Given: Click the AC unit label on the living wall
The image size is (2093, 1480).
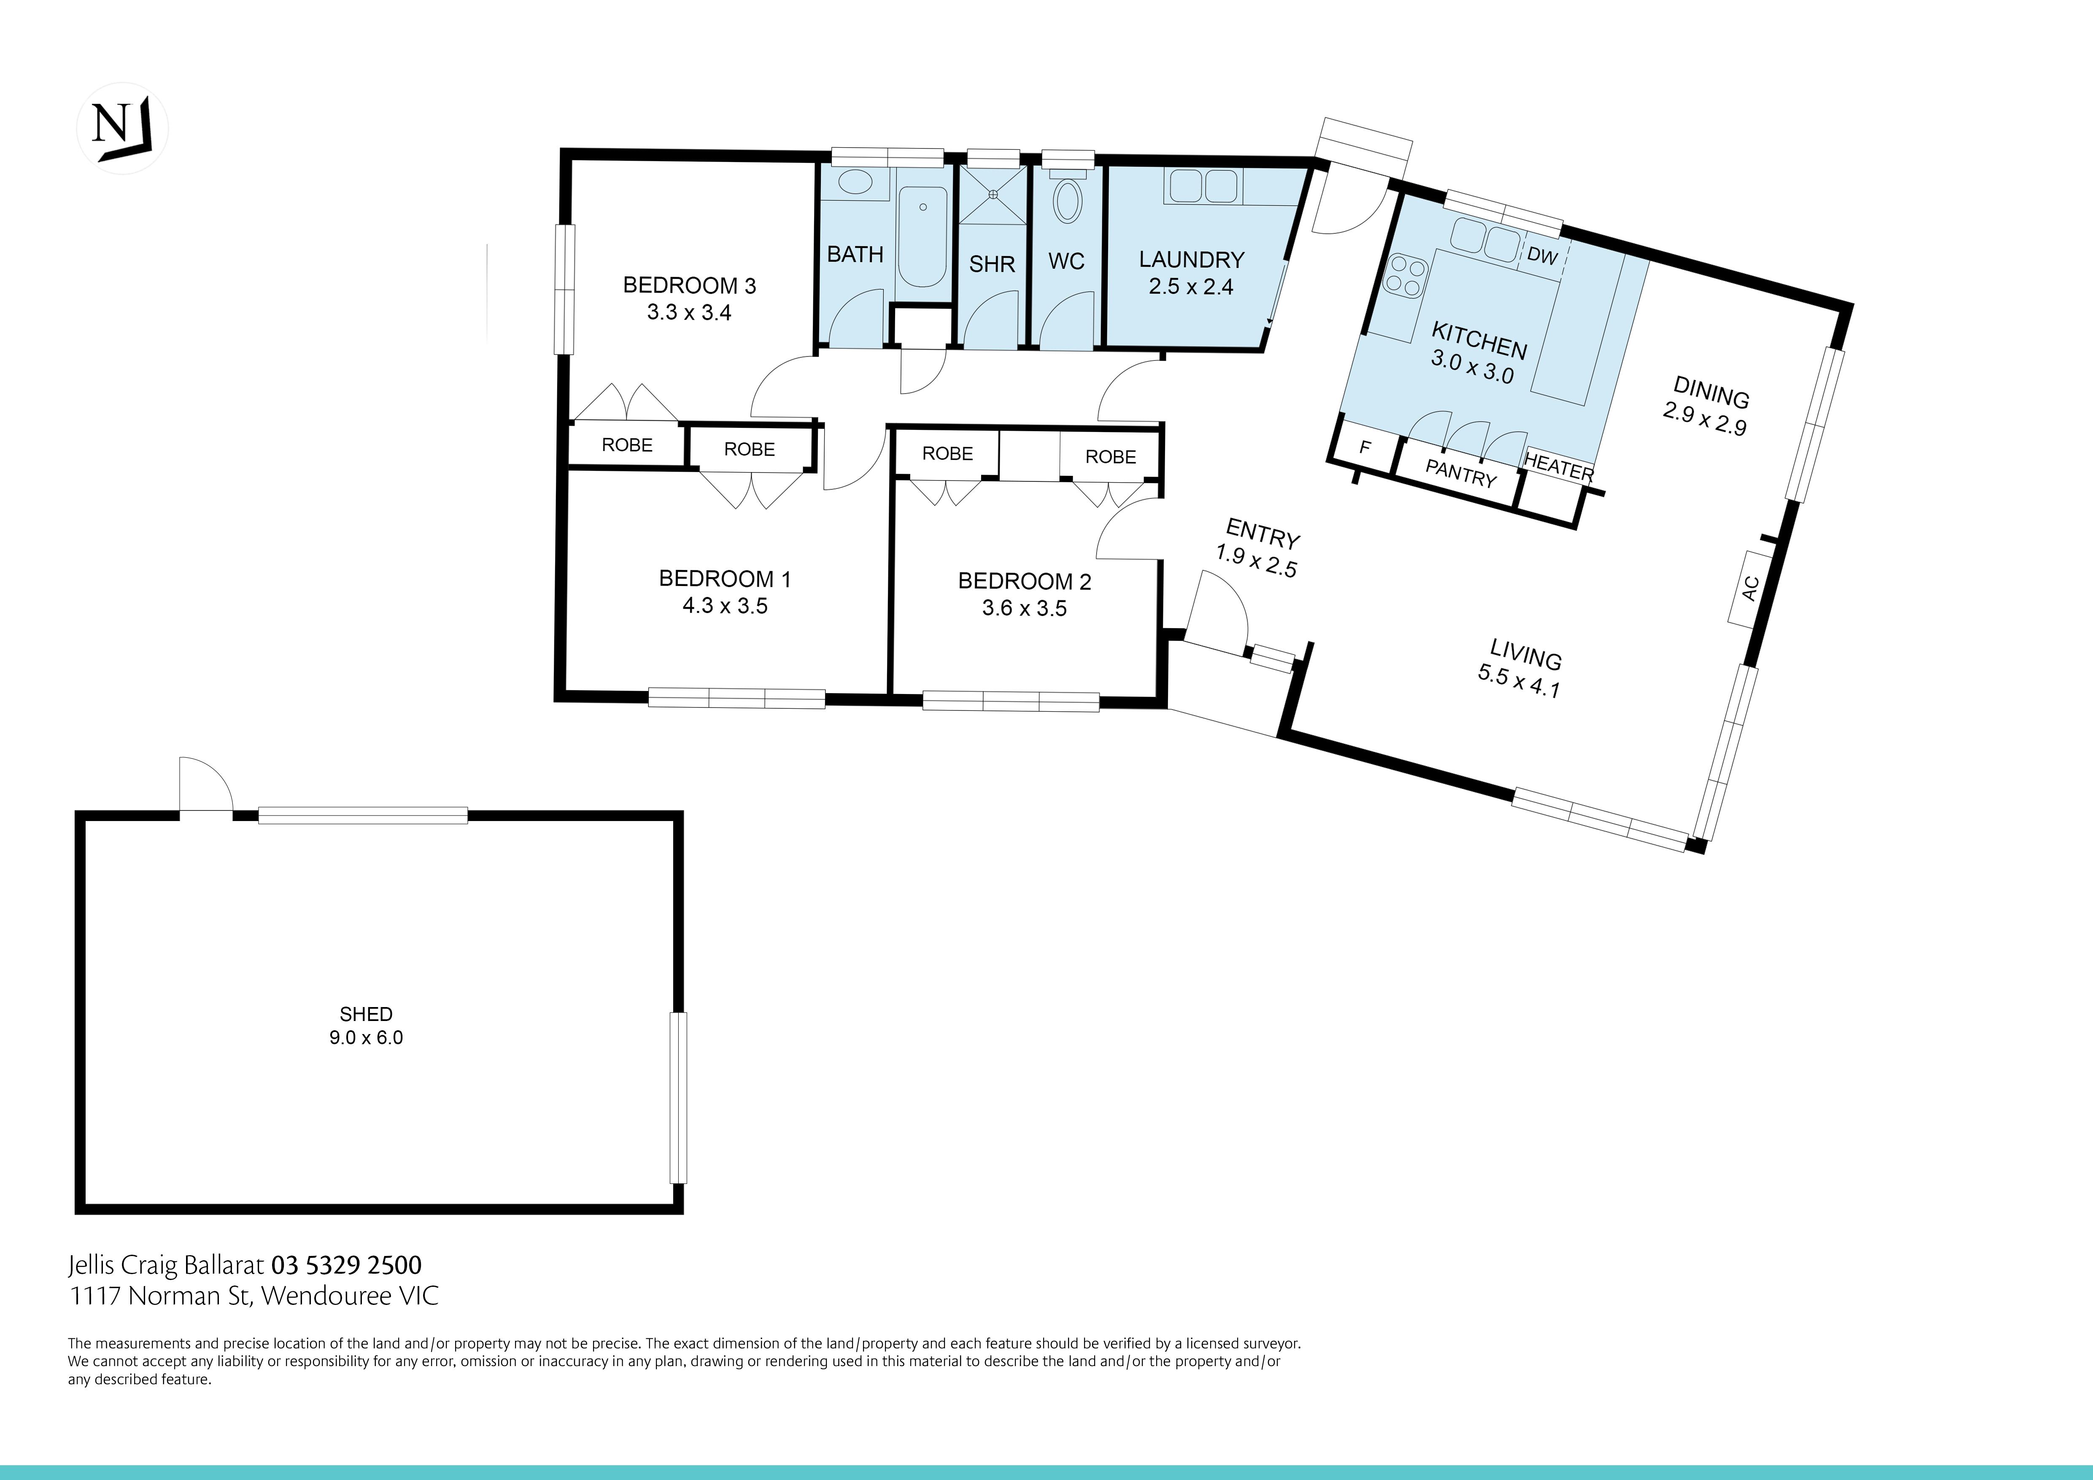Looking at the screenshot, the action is pyautogui.click(x=1749, y=588).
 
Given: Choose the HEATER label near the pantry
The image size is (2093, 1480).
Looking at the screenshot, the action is pyautogui.click(x=1559, y=468).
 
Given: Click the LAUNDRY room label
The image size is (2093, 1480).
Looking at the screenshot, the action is pyautogui.click(x=1192, y=260).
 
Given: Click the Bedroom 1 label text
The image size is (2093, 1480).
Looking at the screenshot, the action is pyautogui.click(x=725, y=578).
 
